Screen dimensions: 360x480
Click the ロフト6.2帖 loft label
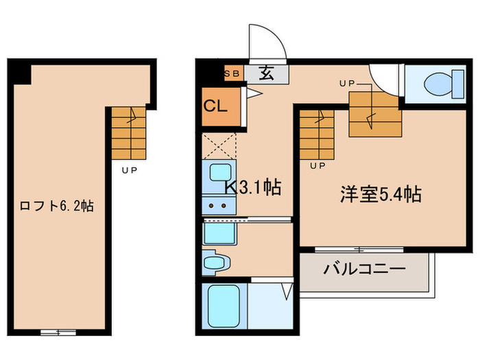point(56,206)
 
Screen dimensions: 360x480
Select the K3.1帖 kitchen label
point(253,188)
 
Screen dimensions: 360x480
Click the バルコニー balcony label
point(365,268)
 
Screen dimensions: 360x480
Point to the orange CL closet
point(220,106)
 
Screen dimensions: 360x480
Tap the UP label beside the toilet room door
point(347,83)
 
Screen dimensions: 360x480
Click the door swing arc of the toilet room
point(384,81)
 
